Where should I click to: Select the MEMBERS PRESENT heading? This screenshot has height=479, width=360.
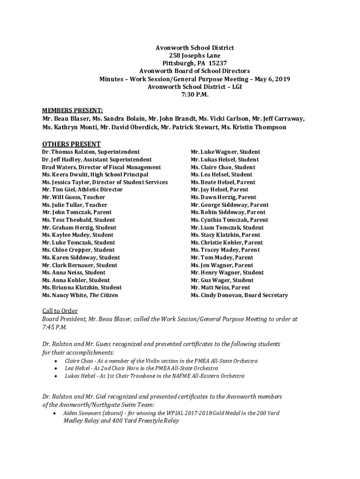[72, 110]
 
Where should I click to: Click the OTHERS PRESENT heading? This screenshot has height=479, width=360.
[71, 144]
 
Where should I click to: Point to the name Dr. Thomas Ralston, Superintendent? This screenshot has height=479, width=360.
[90, 152]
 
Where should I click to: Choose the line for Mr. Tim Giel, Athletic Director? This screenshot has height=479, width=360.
[82, 189]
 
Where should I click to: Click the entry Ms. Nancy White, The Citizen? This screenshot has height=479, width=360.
[80, 295]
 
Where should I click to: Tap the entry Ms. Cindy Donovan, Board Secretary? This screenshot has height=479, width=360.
[239, 295]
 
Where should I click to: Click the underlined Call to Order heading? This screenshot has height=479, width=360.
[60, 311]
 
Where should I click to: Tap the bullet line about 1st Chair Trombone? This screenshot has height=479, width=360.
[154, 376]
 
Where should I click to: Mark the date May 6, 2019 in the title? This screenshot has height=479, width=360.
[272, 79]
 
